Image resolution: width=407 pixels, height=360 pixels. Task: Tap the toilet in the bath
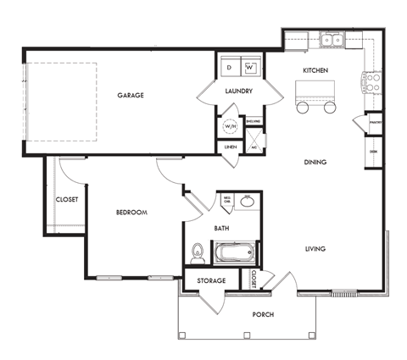point(198,252)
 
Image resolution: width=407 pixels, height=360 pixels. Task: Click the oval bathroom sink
point(247,202)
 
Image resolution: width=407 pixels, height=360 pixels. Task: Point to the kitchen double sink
point(332,39)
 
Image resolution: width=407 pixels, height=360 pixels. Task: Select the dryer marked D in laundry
point(229,66)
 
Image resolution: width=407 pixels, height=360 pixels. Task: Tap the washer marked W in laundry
point(250,66)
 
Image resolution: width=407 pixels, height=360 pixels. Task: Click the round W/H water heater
point(229,127)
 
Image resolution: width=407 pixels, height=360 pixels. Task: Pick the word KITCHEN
point(315,70)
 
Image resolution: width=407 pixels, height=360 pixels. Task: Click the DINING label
point(315,162)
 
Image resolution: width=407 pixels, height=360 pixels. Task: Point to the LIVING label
point(315,248)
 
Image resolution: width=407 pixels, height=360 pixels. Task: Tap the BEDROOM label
point(132,212)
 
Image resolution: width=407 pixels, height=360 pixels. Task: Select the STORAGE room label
point(211,280)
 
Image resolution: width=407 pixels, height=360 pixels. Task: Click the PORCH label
point(263,314)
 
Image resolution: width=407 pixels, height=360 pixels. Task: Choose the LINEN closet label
point(230,147)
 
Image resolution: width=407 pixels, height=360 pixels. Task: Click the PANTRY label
point(373,123)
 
